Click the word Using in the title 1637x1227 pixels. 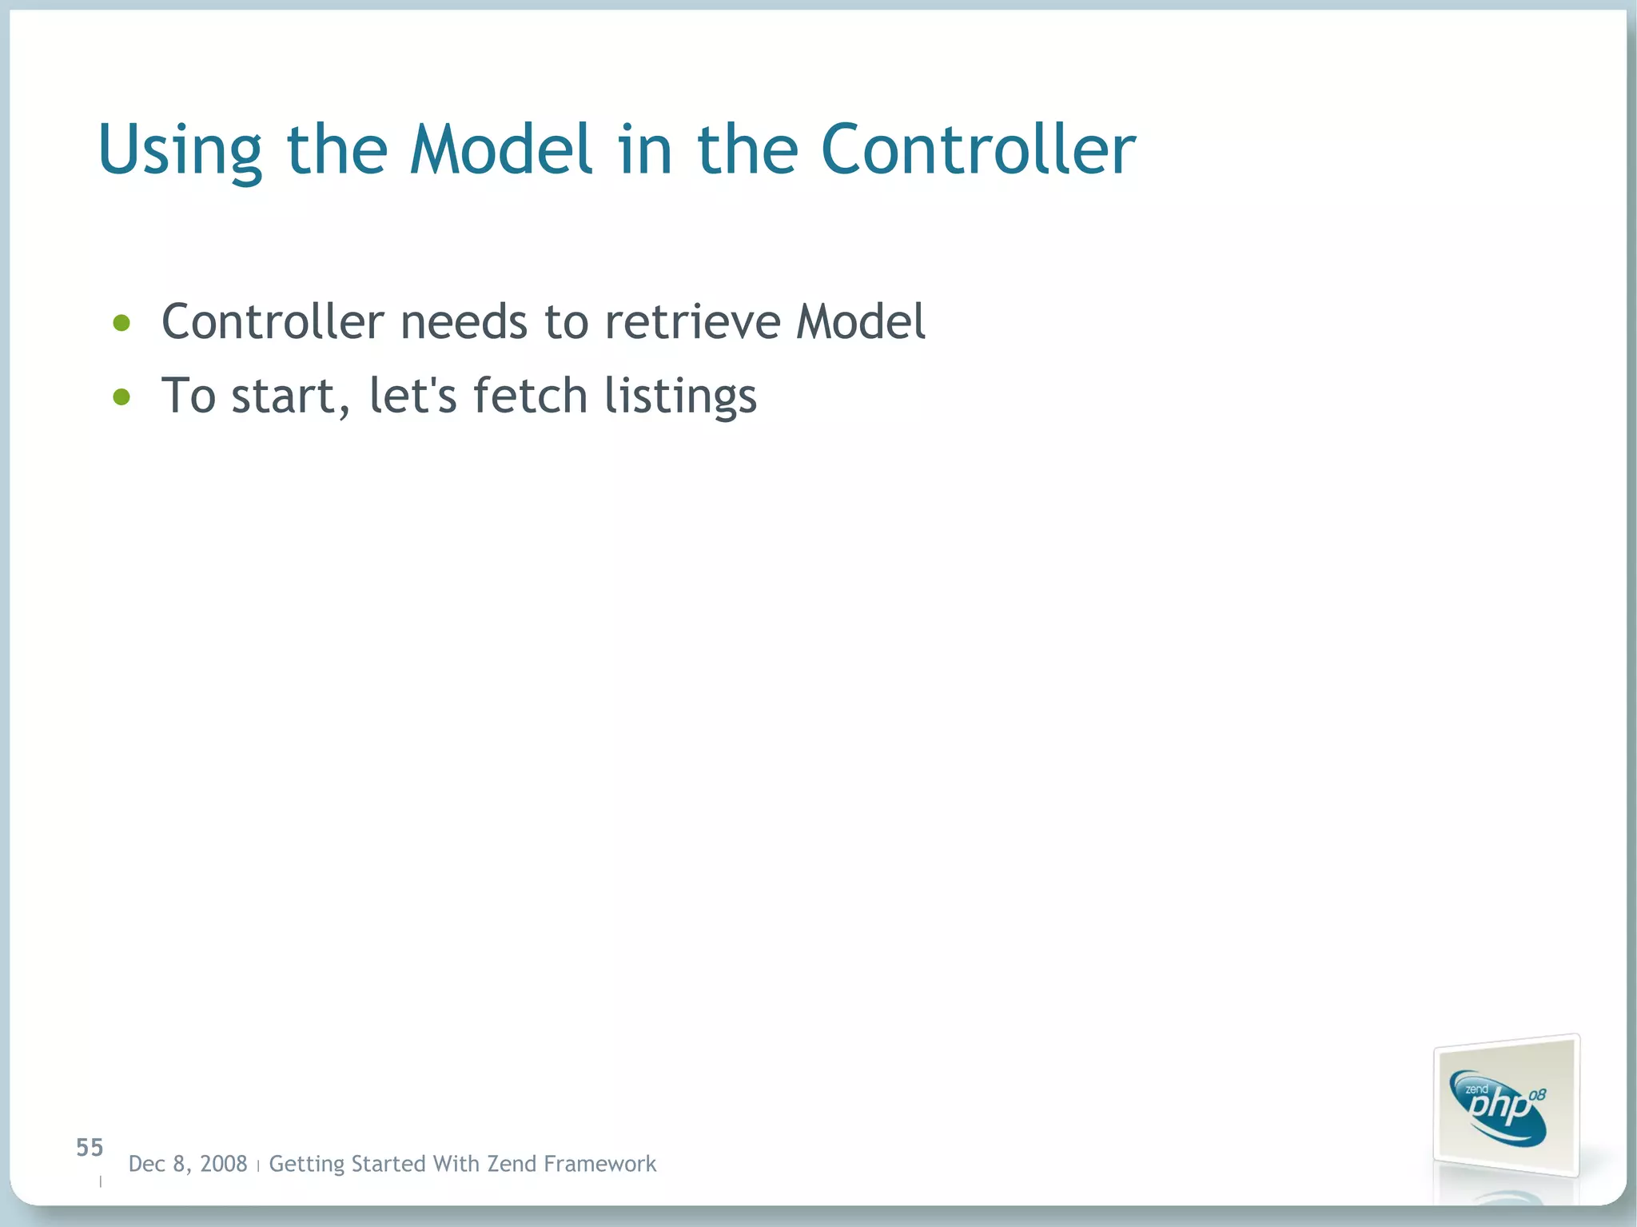point(179,150)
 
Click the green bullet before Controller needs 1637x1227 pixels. point(121,323)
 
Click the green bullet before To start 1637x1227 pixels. point(121,396)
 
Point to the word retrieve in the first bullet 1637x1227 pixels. point(692,321)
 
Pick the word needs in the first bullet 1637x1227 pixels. point(464,321)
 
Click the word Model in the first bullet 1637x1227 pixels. point(860,321)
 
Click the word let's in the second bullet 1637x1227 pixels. point(412,396)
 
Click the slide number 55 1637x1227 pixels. point(90,1148)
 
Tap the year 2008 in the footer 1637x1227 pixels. point(224,1164)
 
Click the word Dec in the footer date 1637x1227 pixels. point(146,1164)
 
